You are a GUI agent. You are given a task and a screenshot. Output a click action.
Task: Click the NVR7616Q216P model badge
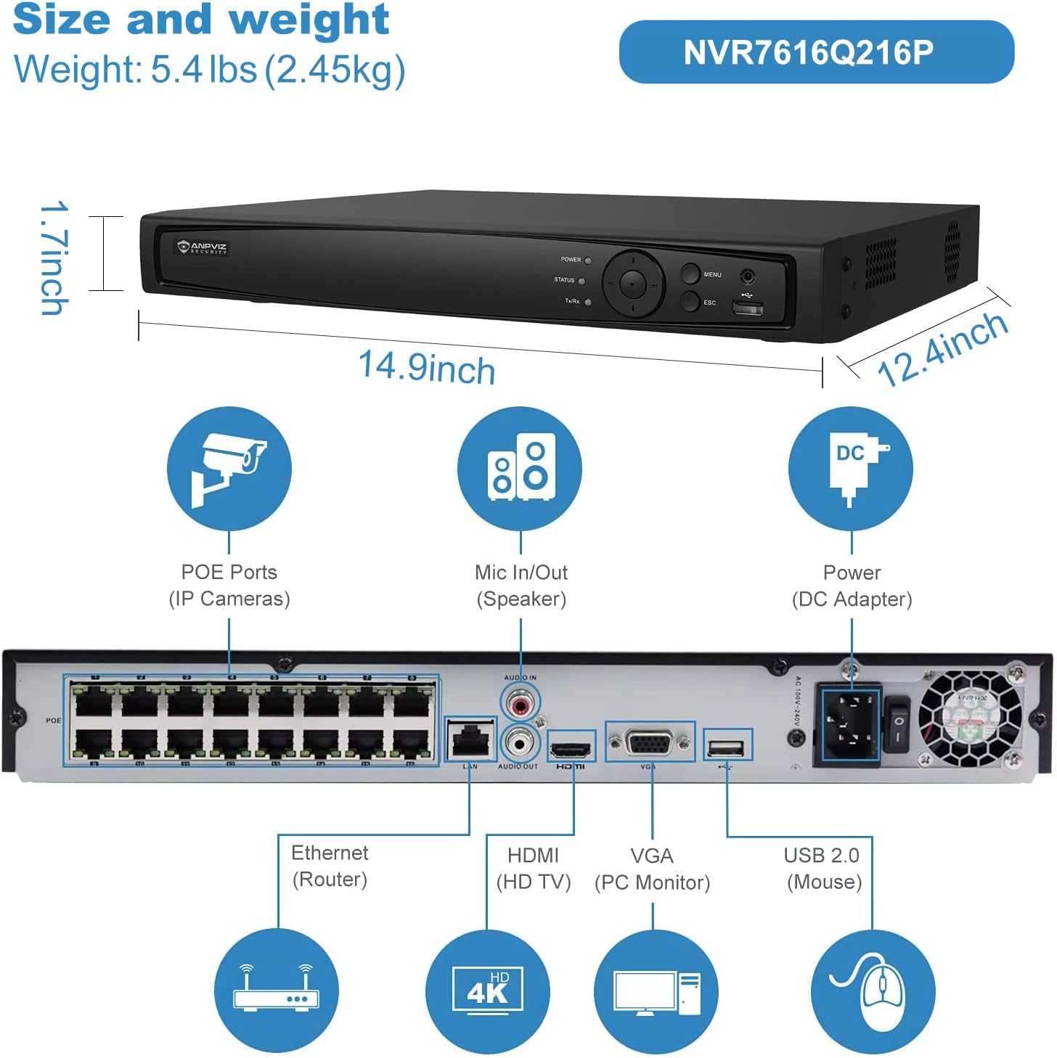coord(816,52)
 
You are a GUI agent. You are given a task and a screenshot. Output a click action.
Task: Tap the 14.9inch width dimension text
coord(427,367)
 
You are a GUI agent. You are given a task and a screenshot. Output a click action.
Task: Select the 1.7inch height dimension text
coord(54,258)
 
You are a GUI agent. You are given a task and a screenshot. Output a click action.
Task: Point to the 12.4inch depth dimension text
coord(942,349)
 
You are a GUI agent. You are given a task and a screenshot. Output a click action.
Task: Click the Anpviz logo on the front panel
coord(203,247)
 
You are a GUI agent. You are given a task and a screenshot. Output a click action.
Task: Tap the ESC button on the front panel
coord(690,301)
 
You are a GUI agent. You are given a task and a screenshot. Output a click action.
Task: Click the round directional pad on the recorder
coord(633,284)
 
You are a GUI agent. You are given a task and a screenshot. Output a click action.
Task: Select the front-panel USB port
coord(748,309)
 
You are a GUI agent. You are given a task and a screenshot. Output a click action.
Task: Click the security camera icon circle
coord(229,469)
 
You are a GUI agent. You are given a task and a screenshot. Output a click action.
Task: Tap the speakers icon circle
coord(520,469)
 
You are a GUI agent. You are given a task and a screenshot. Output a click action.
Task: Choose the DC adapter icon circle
coord(851,469)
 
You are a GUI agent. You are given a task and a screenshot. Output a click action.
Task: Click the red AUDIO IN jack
coord(520,703)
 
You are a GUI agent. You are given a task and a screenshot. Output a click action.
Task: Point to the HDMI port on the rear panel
coord(571,748)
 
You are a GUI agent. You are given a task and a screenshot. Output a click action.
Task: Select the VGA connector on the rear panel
coord(650,743)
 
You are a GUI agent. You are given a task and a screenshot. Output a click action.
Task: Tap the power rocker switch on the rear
coord(897,723)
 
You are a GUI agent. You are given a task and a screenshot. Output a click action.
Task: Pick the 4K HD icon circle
coord(488,991)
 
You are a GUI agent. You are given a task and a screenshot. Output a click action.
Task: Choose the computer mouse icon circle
coord(873,991)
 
